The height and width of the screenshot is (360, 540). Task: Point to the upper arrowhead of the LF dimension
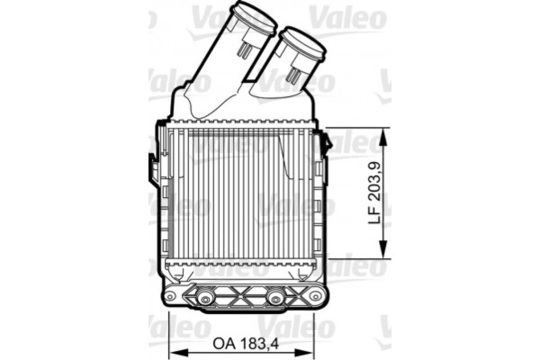point(384,132)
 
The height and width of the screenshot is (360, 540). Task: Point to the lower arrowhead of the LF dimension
point(384,253)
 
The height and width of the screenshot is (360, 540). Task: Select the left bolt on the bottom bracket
point(205,297)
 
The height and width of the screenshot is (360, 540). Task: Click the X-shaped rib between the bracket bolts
point(241,296)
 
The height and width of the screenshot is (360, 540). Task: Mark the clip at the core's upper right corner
point(326,141)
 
